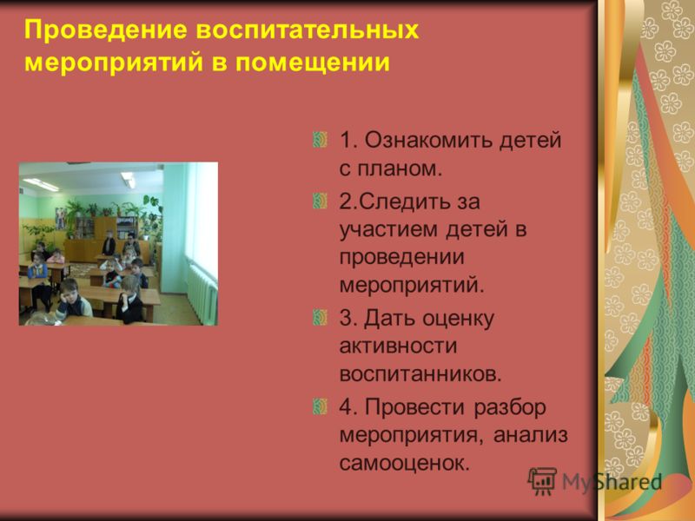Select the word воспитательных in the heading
[x=308, y=30]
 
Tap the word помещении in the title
[x=313, y=62]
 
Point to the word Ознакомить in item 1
[x=427, y=140]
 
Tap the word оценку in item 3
[x=458, y=319]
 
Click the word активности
[x=398, y=346]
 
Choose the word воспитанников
[x=420, y=374]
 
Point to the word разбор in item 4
[x=510, y=407]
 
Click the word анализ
[x=530, y=435]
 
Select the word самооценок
[x=404, y=464]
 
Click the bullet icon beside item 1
[x=320, y=140]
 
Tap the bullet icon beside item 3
[x=320, y=318]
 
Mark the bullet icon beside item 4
[x=320, y=406]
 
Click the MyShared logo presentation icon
[x=542, y=481]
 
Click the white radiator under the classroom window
[x=202, y=294]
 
